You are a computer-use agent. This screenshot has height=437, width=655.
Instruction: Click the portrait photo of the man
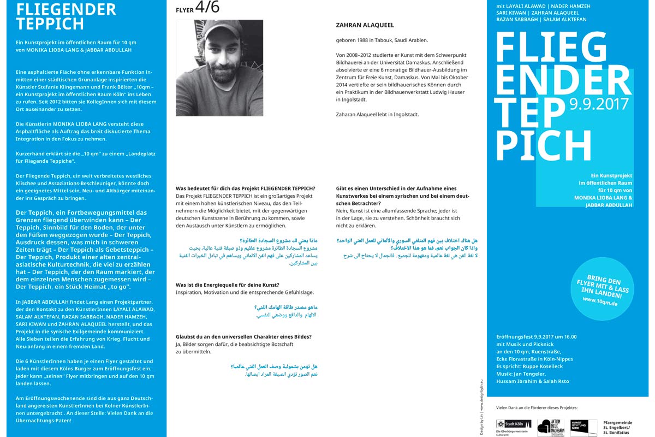(219, 68)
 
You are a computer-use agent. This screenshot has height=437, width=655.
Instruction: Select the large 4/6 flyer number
(209, 8)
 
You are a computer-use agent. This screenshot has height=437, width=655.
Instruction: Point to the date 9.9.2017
(599, 104)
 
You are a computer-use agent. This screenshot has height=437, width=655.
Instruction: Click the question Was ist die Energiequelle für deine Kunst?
(227, 285)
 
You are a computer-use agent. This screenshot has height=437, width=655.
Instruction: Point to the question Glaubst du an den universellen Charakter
(243, 336)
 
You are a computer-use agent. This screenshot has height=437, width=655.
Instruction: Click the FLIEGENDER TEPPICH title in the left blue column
(66, 16)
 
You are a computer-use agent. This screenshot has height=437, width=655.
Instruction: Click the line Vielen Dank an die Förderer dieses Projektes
(536, 408)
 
